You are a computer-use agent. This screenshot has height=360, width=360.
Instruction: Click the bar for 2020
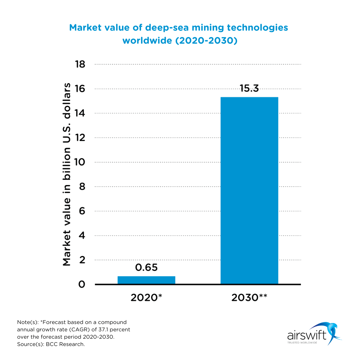tap(146, 280)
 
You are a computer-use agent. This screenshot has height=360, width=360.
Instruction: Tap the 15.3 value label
tap(249, 88)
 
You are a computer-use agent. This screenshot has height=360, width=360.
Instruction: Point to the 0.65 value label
tap(146, 267)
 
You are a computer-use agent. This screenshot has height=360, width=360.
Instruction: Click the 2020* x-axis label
tap(146, 297)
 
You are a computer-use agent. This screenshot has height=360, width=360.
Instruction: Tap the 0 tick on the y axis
tap(82, 284)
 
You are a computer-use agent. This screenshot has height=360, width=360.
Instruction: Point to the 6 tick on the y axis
tap(82, 211)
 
